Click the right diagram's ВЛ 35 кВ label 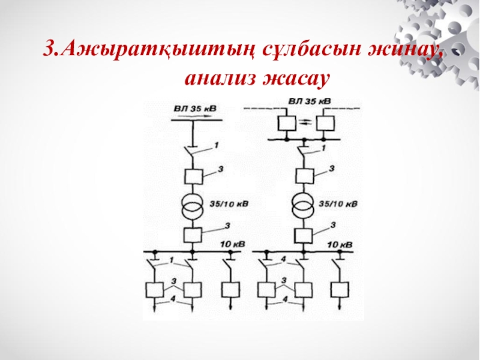(309, 101)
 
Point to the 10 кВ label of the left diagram (233, 244)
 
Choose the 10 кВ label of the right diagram (340, 244)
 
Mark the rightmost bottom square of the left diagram (229, 290)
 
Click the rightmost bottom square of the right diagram (340, 290)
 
